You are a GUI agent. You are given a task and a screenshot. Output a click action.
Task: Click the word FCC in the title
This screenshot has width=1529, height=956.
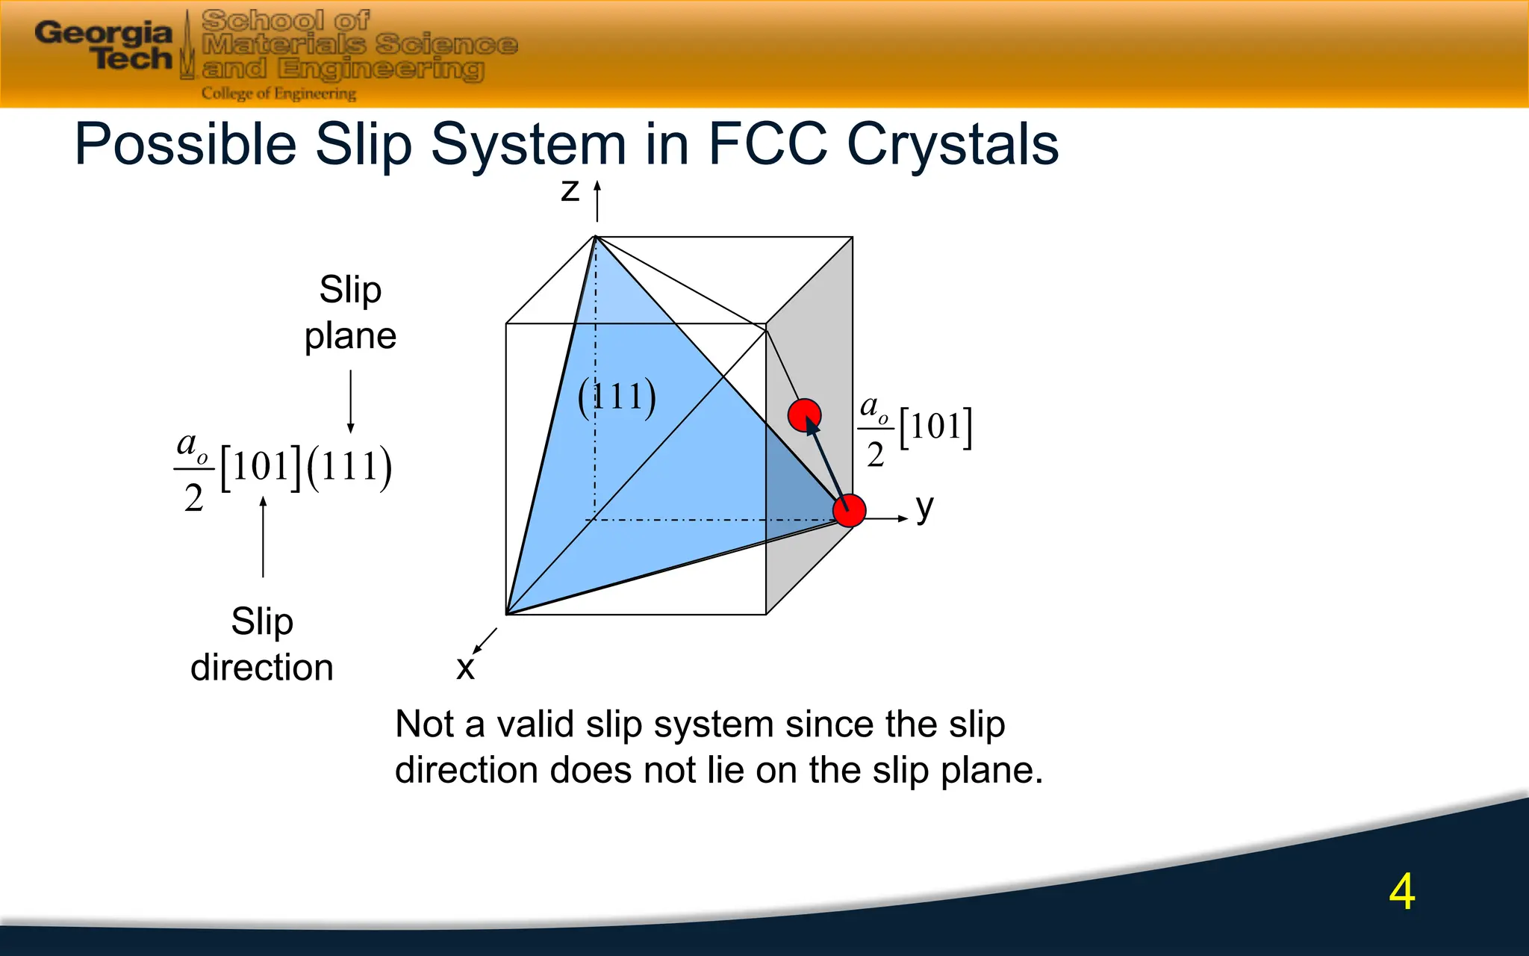click(x=767, y=144)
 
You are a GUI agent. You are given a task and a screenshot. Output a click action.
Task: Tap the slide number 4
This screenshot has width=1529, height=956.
click(x=1401, y=892)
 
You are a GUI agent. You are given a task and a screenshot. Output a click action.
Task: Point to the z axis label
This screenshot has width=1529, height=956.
click(x=570, y=190)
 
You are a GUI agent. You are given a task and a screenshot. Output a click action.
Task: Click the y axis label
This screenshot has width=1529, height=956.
click(x=924, y=509)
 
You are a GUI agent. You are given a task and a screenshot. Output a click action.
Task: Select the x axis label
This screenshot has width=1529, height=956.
click(x=465, y=668)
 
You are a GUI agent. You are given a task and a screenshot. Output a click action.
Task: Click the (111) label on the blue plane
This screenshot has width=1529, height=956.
click(x=617, y=397)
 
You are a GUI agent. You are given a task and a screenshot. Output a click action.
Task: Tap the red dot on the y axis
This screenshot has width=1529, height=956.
click(x=849, y=511)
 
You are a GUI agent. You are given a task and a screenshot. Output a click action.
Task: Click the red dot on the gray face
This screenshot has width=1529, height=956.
click(x=804, y=415)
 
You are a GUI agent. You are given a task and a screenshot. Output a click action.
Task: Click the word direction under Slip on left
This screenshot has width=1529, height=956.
click(x=261, y=667)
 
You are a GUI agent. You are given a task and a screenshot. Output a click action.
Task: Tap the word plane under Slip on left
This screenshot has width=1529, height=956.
click(x=350, y=336)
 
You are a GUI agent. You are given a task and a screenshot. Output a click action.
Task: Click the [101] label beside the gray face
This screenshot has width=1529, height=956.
click(x=935, y=427)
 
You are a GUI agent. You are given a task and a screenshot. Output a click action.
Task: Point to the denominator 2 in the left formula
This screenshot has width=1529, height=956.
click(x=193, y=498)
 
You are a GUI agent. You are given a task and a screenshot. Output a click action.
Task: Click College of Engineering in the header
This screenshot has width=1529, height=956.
click(x=278, y=94)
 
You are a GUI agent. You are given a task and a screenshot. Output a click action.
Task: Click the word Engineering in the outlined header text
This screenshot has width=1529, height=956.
click(x=381, y=69)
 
